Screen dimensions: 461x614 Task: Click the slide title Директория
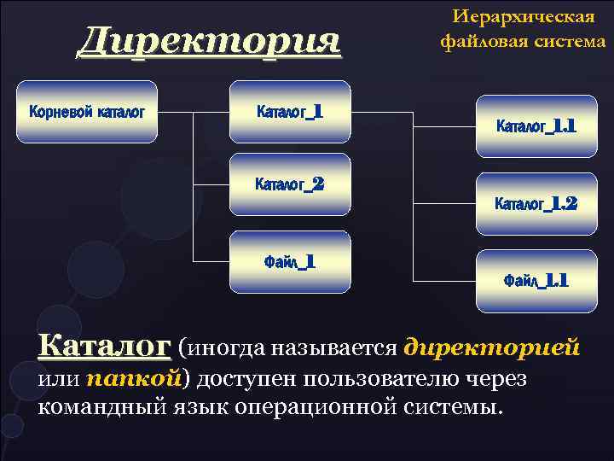point(209,41)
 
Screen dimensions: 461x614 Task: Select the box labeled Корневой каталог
point(88,111)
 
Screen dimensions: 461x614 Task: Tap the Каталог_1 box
point(290,111)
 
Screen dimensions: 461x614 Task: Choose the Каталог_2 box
point(290,184)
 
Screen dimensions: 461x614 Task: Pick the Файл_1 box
point(290,261)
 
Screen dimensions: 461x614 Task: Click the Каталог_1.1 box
point(536,126)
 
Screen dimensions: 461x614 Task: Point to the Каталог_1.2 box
point(536,203)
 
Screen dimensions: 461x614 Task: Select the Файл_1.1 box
point(536,280)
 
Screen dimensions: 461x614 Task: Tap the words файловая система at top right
point(523,40)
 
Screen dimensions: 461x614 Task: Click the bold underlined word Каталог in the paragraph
point(104,347)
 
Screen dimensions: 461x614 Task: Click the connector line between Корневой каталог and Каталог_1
point(194,111)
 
